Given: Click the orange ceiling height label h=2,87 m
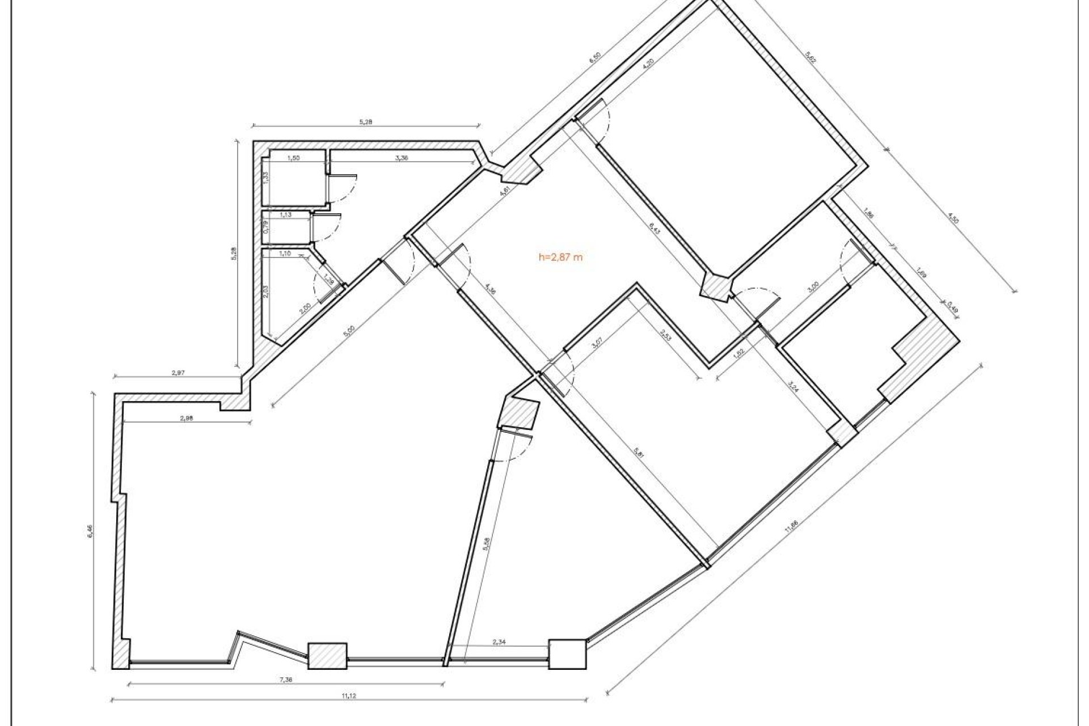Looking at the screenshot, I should click(560, 257).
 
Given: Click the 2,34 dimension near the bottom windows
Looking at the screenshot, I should click(499, 642).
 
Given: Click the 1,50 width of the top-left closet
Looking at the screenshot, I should click(293, 159).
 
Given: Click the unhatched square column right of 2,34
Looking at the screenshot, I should click(567, 654).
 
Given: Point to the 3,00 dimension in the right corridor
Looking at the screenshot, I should click(813, 288).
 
